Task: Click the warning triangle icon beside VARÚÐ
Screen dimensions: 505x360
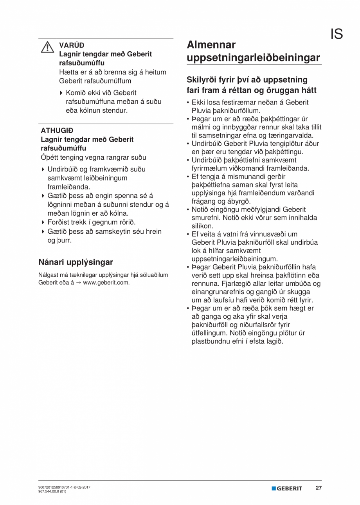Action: coord(47,47)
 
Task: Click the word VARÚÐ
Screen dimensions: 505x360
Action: coord(72,45)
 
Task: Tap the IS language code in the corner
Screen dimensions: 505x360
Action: coord(337,34)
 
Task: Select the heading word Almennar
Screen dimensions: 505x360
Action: coord(211,45)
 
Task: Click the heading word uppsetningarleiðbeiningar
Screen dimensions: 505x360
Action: coord(254,58)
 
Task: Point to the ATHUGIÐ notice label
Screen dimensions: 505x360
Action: coord(57,130)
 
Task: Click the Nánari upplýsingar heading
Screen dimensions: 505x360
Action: coord(76,262)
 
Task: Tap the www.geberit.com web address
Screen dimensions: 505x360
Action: coord(106,282)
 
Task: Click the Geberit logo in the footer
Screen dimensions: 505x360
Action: coord(287,488)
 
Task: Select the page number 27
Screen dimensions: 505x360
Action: coord(319,488)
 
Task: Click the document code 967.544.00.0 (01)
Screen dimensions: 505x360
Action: coord(52,491)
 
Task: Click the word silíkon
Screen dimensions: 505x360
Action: coord(202,226)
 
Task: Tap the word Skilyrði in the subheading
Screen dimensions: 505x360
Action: coord(204,80)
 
